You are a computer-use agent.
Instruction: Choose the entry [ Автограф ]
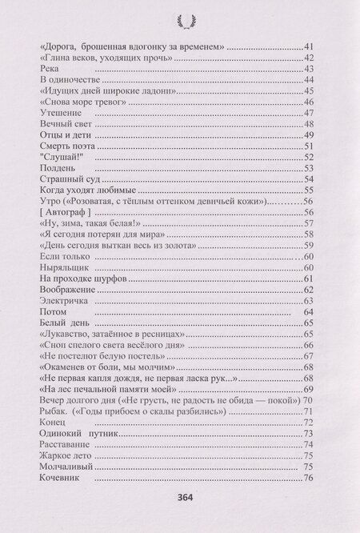pyautogui.click(x=66, y=212)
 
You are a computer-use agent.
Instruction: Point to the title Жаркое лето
pyautogui.click(x=68, y=455)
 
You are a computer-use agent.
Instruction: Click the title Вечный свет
pyautogui.click(x=66, y=125)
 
